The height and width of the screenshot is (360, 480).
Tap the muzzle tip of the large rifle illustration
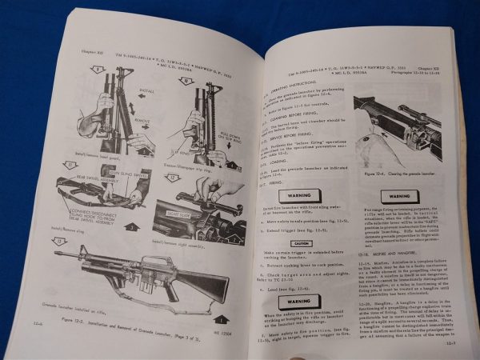[x=58, y=254]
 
